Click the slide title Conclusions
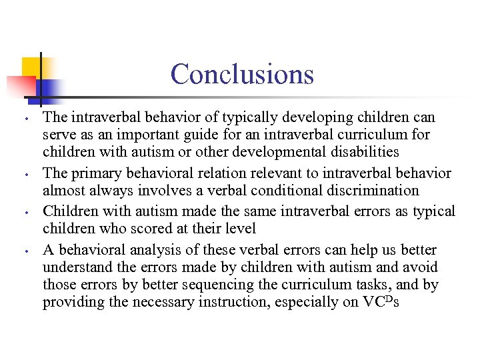pyautogui.click(x=241, y=73)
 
